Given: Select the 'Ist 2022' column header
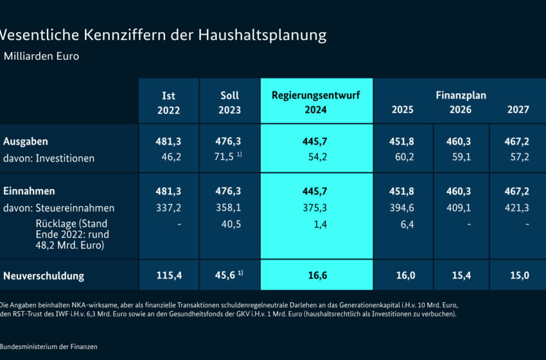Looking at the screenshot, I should tap(168, 102).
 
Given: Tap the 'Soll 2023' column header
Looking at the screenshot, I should tap(229, 102).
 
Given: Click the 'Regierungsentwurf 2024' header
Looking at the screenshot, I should tap(316, 102).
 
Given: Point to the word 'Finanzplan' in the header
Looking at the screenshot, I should tap(461, 95).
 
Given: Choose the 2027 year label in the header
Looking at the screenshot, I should tap(518, 110).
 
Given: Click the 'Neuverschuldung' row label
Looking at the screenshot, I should tap(43, 276).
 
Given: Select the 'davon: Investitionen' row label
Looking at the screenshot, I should tap(49, 158).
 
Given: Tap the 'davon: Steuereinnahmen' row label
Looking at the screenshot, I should tap(58, 208).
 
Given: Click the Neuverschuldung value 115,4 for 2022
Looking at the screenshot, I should tap(168, 276).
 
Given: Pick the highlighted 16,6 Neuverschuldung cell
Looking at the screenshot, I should tap(316, 276).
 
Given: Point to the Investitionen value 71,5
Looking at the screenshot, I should tap(226, 158).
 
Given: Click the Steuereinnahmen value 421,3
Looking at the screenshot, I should tap(518, 208).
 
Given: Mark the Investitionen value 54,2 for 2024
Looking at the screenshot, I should tap(316, 158).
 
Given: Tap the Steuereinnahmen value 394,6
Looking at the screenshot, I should tap(403, 208).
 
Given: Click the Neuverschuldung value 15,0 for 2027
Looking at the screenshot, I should tap(518, 276).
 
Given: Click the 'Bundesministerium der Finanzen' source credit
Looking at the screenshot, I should tap(49, 347).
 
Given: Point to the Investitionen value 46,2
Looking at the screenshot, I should tap(168, 158).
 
